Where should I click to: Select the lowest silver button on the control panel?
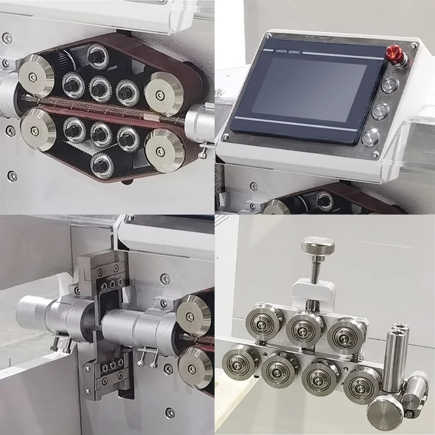coord(370,137)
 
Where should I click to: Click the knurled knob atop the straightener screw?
coord(317,246)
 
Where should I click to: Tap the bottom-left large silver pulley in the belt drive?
coord(38,130)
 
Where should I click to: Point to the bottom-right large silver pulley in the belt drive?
coord(164,150)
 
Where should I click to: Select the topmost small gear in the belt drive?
coord(97,57)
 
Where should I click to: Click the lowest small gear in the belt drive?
coord(102,164)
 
